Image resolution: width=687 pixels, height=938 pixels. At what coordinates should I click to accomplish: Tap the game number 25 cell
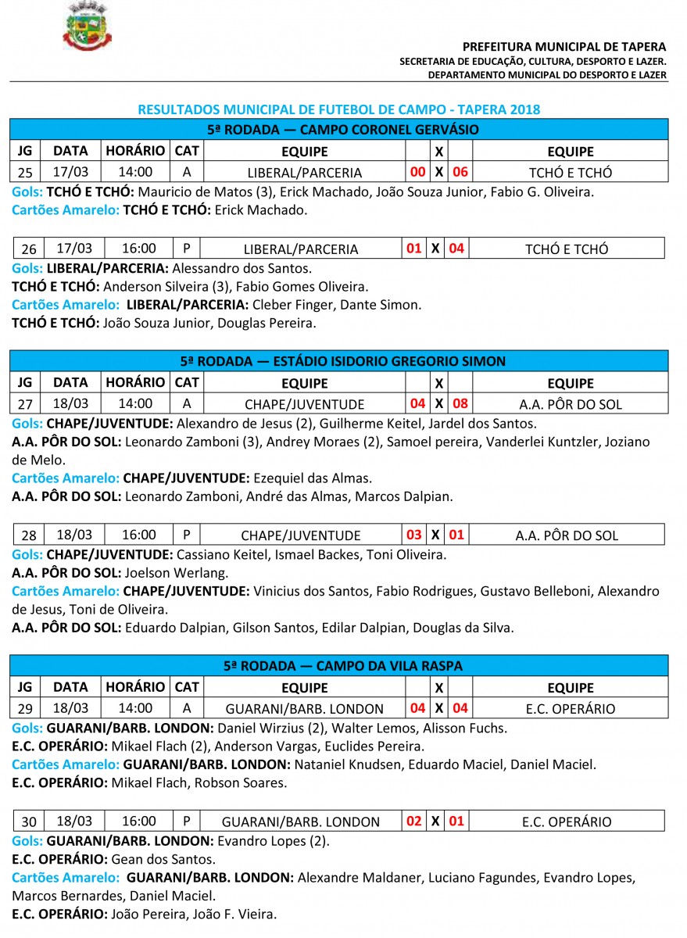[26, 172]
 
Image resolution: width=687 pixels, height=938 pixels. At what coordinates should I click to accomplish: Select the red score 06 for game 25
[460, 172]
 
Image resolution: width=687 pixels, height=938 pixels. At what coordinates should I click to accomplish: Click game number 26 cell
[29, 249]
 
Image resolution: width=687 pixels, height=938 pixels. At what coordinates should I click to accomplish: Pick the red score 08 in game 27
[460, 404]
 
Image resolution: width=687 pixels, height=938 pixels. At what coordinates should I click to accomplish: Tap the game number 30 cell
[29, 822]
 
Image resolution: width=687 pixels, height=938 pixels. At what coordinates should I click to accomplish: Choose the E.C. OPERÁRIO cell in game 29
[570, 709]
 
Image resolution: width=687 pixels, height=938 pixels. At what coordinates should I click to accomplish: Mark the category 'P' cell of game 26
[186, 249]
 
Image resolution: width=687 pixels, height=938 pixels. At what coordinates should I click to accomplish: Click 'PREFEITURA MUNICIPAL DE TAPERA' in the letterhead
[564, 47]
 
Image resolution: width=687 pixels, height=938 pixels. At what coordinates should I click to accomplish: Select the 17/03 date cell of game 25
[70, 172]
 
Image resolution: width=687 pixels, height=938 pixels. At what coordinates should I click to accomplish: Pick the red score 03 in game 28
[414, 535]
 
